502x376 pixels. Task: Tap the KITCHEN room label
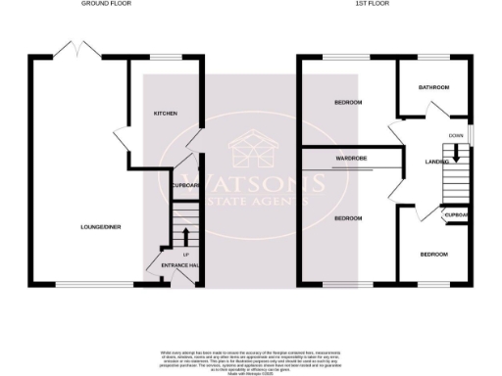(165, 114)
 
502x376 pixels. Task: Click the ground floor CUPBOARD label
(185, 185)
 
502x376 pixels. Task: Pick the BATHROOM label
(432, 88)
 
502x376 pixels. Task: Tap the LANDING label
(437, 162)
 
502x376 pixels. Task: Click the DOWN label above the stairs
(456, 135)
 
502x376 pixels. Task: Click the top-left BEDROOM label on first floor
(348, 103)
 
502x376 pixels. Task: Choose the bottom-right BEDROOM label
(433, 255)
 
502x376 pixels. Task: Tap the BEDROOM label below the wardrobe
(349, 217)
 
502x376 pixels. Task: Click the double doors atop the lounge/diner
(75, 50)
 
